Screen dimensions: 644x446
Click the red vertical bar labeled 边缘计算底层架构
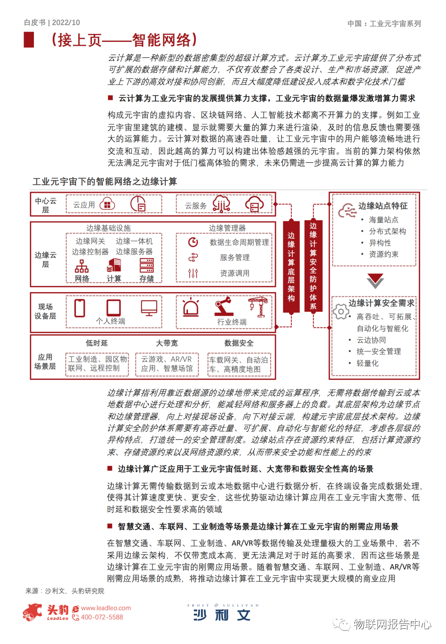[291, 267]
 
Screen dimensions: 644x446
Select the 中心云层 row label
[45, 205]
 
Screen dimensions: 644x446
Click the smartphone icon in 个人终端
[80, 308]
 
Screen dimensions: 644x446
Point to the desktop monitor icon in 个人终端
[149, 307]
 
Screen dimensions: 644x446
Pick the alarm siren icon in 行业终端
[191, 307]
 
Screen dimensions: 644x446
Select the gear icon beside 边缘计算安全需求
[341, 311]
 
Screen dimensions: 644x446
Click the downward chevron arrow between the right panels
[375, 281]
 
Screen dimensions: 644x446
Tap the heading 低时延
[97, 343]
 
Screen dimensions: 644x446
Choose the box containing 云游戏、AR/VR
[167, 364]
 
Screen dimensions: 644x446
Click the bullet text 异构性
[380, 243]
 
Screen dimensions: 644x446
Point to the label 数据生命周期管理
[240, 242]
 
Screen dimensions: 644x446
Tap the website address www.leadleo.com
[106, 608]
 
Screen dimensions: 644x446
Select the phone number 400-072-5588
[102, 617]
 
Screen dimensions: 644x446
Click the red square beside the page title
[29, 40]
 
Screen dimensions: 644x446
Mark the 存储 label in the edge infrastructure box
[147, 279]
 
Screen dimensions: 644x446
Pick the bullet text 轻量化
[368, 363]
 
